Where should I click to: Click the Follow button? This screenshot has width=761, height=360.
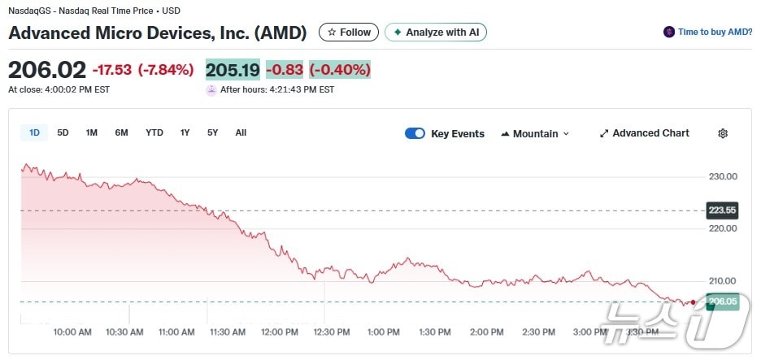coord(349,33)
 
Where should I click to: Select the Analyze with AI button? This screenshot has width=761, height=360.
coord(436,33)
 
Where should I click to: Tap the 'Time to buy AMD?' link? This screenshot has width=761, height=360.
coord(708,33)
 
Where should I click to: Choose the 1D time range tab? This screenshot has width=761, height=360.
coord(34,133)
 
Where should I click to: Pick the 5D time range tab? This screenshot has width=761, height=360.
coord(63,133)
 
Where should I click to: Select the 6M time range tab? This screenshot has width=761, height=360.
coord(121,133)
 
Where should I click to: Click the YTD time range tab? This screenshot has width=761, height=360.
coord(154,133)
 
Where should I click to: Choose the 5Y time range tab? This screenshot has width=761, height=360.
coord(212,133)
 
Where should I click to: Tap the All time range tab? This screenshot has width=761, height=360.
coord(241,133)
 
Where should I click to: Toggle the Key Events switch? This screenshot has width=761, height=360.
coord(415,134)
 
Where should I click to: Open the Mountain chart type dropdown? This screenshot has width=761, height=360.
coord(535,134)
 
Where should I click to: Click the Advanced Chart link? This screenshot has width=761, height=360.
coord(644,133)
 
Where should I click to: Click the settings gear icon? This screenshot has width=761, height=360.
coord(723,133)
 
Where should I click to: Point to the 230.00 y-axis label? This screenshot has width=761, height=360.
coord(723,176)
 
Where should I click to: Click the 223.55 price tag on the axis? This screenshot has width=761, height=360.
coord(721,210)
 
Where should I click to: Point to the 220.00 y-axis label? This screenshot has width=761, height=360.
coord(723,229)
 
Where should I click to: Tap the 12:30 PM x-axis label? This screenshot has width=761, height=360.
coord(332,332)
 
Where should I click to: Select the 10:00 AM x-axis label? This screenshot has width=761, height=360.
coord(72,332)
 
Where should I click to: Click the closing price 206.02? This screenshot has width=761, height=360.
coord(46,70)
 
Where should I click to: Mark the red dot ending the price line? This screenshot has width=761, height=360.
coord(693,302)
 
